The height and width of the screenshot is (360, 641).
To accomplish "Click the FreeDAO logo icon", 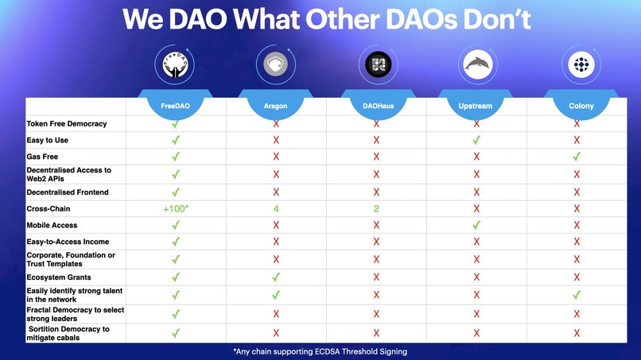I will click(x=175, y=64).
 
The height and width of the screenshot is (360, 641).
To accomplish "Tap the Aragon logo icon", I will click(x=275, y=64).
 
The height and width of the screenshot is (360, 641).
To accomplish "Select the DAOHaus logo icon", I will click(x=376, y=64).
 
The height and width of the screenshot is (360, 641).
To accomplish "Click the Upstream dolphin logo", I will click(x=476, y=64).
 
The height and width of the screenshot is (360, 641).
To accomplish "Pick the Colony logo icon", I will click(x=576, y=64).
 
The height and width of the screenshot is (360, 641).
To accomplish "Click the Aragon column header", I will click(x=275, y=106).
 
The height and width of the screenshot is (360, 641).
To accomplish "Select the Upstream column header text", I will click(x=476, y=106).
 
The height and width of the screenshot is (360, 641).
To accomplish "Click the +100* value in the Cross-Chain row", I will click(x=175, y=209).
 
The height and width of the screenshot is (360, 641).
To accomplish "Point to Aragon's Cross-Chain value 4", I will click(x=275, y=209).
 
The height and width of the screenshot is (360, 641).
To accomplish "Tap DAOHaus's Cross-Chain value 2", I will click(x=376, y=209).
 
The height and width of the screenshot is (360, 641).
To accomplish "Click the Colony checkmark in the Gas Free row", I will click(x=577, y=157).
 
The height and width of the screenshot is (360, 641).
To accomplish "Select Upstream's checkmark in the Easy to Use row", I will click(x=476, y=140).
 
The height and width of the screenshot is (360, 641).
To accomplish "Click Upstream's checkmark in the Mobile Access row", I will click(x=476, y=226).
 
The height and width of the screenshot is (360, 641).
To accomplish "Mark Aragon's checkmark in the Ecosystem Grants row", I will click(x=276, y=277).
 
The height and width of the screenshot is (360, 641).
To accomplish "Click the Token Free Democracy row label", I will click(x=66, y=124).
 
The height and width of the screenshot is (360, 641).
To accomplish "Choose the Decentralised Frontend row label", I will click(x=68, y=192).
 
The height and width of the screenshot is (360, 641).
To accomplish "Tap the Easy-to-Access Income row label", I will click(x=68, y=242).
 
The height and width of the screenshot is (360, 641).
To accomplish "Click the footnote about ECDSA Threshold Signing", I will click(x=320, y=351).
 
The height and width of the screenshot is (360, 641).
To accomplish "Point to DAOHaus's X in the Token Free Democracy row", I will click(x=376, y=124).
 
